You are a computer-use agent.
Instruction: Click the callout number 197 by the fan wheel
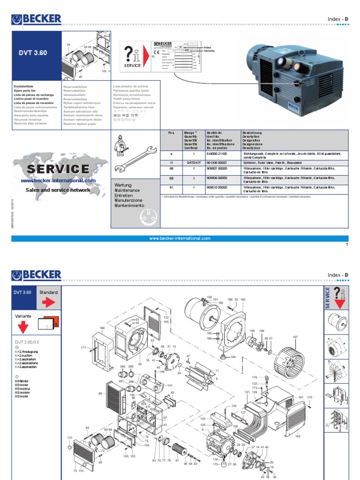pos(295,337)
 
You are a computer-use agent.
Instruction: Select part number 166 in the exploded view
pos(102,328)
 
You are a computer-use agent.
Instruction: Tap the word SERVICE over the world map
pos(58,169)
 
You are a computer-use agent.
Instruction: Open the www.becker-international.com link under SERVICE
pos(58,180)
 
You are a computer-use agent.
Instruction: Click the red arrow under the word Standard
pos(49,302)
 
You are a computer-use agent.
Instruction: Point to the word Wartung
pos(123,185)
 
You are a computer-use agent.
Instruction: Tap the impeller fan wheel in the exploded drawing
pos(290,361)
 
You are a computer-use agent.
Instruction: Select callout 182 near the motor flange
pos(243,299)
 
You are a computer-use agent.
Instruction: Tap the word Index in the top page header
pos(334,19)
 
